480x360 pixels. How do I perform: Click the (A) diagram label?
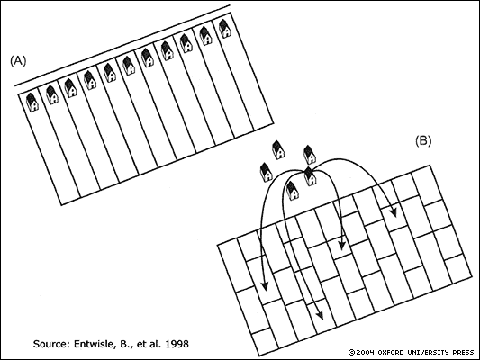click(x=18, y=61)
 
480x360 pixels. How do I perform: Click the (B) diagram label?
click(x=423, y=140)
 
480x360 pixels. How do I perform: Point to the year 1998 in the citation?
click(x=177, y=344)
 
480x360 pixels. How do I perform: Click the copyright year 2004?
click(x=366, y=353)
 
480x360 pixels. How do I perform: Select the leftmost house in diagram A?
click(x=32, y=102)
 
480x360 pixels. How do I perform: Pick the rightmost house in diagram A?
click(x=225, y=28)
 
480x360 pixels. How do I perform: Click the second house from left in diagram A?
click(x=52, y=94)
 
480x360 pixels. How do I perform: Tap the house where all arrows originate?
click(x=310, y=176)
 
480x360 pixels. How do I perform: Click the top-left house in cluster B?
click(x=278, y=150)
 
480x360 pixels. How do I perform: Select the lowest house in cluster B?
click(x=293, y=190)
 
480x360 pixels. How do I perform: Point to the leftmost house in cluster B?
click(x=267, y=173)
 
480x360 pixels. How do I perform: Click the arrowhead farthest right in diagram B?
click(x=394, y=211)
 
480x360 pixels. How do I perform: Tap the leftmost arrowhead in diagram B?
click(x=265, y=285)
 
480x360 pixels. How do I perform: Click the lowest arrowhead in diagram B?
click(x=320, y=314)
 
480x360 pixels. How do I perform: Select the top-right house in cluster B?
click(x=309, y=155)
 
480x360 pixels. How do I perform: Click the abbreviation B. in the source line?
click(x=123, y=344)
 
